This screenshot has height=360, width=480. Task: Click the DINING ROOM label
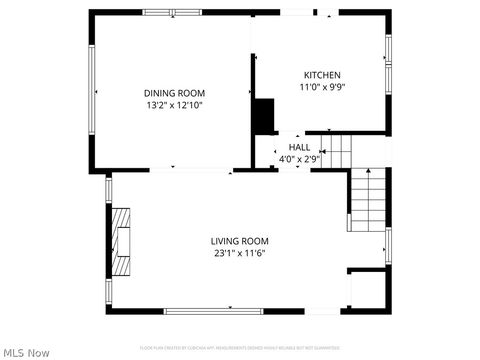[174, 93]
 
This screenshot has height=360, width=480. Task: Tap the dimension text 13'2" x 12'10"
[174, 105]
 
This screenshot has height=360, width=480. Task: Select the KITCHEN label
[322, 75]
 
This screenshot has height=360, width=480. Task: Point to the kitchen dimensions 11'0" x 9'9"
[322, 87]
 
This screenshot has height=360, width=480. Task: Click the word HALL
[299, 147]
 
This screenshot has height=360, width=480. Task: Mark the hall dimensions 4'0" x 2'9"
[299, 158]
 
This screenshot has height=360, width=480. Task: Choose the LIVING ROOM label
[239, 240]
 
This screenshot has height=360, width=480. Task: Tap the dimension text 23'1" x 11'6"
[239, 253]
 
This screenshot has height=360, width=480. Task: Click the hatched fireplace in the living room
[120, 241]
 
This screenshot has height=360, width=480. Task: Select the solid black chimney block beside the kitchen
[264, 115]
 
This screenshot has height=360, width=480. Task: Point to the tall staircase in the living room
[366, 200]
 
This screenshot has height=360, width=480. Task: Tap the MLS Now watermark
[27, 352]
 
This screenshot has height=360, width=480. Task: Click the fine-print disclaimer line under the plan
[240, 347]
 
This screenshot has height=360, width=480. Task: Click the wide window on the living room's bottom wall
[213, 310]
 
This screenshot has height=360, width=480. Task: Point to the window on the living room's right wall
[388, 245]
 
